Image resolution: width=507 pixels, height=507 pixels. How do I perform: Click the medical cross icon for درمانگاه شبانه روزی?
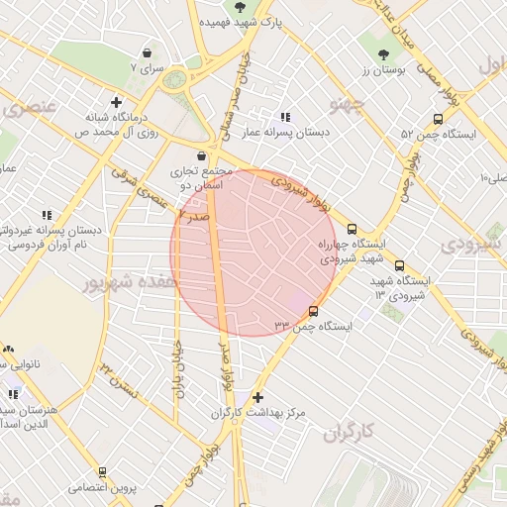pos(117,101)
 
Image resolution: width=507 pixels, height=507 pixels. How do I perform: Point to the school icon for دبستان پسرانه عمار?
pos(286,117)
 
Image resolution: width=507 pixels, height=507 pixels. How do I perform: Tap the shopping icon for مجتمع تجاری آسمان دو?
pos(202,155)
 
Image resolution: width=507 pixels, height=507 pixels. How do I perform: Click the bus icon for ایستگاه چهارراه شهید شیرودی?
pos(353,228)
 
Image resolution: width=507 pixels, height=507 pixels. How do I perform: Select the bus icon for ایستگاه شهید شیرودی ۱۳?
pos(400,265)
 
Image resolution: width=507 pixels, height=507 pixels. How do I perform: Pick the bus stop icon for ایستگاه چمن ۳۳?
pos(315,311)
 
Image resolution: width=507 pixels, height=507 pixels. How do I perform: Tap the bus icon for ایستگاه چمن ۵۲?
pos(415,133)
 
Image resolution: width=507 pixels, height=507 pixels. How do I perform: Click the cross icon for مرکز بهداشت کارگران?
pos(257,397)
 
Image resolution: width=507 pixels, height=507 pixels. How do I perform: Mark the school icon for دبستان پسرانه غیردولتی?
pos(46,214)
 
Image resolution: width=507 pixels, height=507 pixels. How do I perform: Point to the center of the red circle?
pos(254,253)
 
